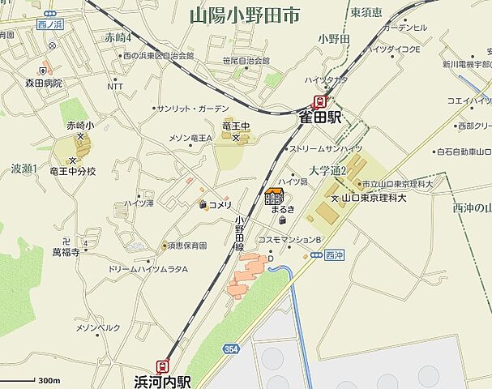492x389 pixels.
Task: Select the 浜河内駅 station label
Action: (x=162, y=379)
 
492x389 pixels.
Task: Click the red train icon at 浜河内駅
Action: (x=164, y=365)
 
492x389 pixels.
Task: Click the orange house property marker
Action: (x=274, y=197)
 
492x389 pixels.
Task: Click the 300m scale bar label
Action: (x=49, y=380)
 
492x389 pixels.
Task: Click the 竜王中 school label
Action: (x=236, y=126)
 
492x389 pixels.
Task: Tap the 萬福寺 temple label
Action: (x=66, y=252)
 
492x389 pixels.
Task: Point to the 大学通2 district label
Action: (x=327, y=171)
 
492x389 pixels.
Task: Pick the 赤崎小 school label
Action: (x=80, y=126)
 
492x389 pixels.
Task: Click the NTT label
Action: (x=115, y=86)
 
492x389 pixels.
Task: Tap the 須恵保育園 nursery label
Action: (x=186, y=245)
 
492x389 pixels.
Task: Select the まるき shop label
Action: (x=283, y=210)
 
